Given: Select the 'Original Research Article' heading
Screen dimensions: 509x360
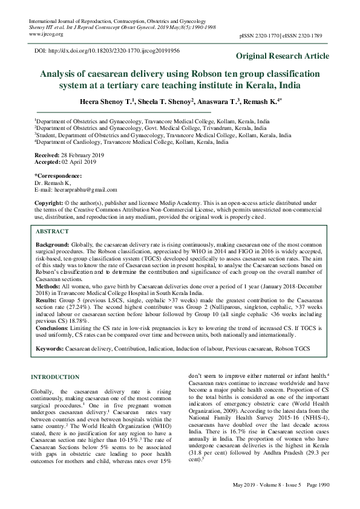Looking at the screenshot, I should [x=283, y=56].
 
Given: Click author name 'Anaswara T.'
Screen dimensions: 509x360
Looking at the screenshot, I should [x=223, y=100].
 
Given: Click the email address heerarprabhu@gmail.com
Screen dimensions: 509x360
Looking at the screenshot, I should [x=93, y=189].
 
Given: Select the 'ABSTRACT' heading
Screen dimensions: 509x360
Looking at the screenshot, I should [x=52, y=232].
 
